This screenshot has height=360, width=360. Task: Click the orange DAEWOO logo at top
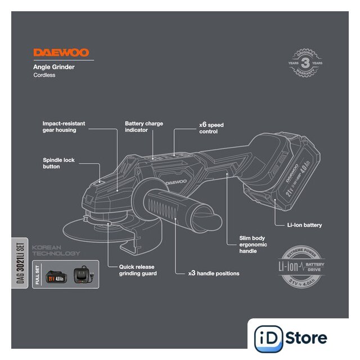61,53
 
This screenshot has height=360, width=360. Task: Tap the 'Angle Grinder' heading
54,67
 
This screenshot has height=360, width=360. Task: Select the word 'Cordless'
44,75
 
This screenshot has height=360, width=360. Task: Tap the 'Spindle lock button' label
58,163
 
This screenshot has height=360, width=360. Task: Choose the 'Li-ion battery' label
304,225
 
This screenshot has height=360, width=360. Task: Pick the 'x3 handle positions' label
214,273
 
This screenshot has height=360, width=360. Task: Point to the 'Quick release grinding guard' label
137,270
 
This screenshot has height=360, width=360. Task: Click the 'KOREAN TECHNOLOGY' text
56,250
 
